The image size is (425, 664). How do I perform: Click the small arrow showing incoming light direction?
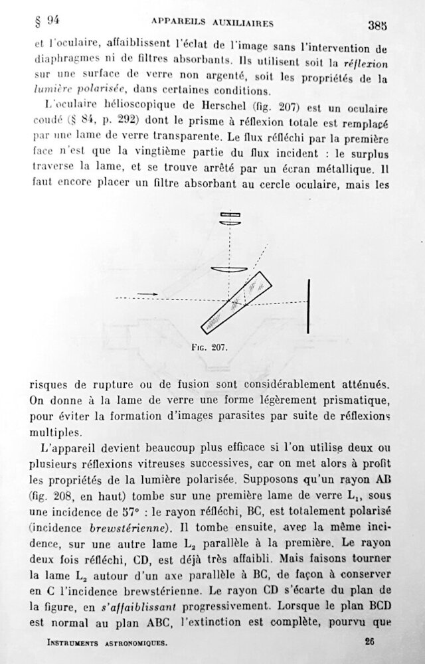[150, 293]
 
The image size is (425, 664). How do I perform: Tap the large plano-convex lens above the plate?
[230, 270]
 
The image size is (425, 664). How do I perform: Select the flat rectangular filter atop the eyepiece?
[230, 215]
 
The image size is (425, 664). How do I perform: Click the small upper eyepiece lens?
[230, 224]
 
